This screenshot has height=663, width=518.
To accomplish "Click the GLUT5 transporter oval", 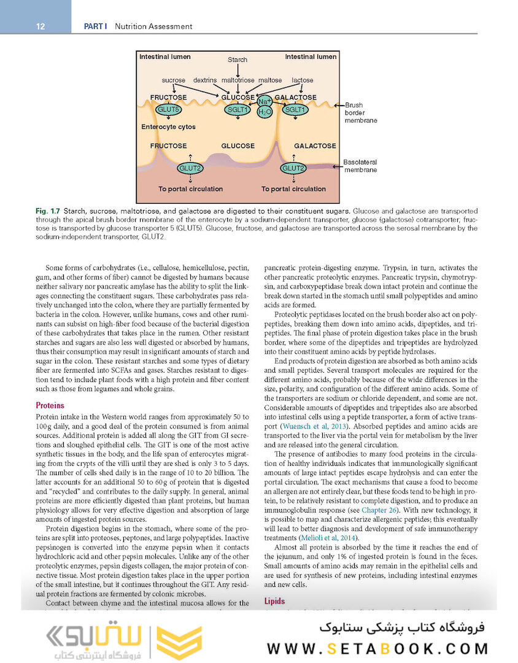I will click(x=168, y=110).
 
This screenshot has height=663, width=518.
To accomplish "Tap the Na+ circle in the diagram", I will click(x=265, y=101).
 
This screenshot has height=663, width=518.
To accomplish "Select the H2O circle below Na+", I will click(x=265, y=112).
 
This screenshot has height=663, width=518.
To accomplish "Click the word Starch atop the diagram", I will click(x=238, y=60).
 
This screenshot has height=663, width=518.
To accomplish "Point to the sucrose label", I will click(x=174, y=80).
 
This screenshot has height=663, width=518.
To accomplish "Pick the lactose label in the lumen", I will click(x=303, y=80).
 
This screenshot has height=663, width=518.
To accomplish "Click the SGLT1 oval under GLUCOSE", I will click(x=238, y=110).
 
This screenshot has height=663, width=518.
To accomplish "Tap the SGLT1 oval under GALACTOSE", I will click(x=296, y=110).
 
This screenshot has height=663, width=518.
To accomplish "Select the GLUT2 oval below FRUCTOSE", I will click(x=190, y=168).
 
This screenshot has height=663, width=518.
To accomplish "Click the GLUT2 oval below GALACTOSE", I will click(x=293, y=168).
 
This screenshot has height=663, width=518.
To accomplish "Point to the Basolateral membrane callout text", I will click(x=360, y=166).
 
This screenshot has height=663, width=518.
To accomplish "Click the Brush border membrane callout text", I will click(x=360, y=113).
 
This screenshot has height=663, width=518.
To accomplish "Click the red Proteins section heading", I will click(x=50, y=405).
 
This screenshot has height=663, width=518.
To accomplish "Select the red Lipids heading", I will click(x=274, y=602).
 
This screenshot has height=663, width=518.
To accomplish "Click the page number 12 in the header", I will click(x=41, y=26).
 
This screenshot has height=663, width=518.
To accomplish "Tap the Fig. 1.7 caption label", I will click(x=48, y=211).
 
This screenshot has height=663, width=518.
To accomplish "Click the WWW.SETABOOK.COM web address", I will click(x=377, y=649).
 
